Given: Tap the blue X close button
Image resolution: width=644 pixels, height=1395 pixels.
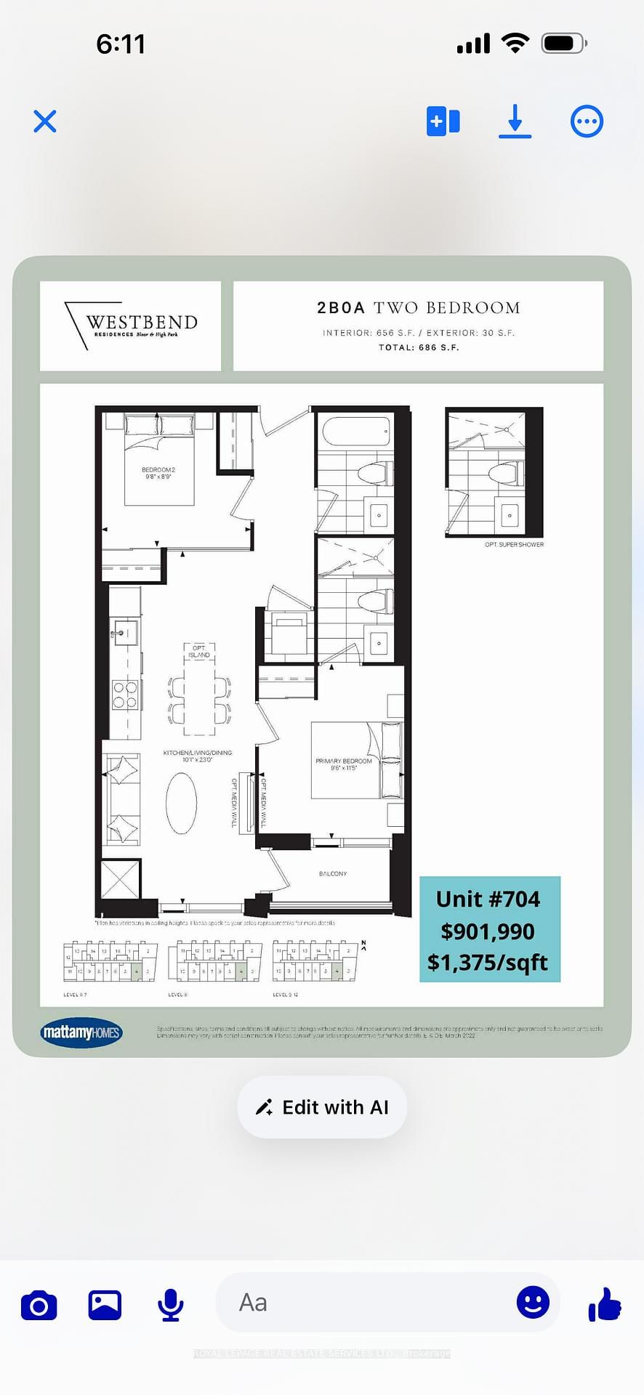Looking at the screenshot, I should point(45,121).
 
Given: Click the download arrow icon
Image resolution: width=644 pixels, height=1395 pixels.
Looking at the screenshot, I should point(515,121).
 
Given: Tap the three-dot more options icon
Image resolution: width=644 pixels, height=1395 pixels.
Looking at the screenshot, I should point(587,121).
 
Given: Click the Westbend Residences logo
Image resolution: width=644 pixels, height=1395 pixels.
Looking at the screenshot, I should point(132,325).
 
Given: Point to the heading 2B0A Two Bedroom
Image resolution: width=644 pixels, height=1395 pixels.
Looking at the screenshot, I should point(418,308).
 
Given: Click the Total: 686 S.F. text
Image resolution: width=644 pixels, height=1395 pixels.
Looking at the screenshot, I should point(418,347).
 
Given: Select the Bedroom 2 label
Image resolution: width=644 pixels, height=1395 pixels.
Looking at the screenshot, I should point(158,473).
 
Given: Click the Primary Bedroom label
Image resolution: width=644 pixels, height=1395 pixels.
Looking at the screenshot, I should point(343,764).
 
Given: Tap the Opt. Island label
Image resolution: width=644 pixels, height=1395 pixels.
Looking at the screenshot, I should point(199,651).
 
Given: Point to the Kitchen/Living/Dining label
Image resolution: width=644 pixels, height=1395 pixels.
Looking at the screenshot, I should point(198,756).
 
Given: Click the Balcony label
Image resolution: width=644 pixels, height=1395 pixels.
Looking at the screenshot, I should point(333,873).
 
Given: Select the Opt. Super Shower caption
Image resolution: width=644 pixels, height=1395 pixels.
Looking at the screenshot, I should point(514,544).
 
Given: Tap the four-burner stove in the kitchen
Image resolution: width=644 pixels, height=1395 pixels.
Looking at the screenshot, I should point(125,694).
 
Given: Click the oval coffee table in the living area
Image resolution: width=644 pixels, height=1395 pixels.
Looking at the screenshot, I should point(181,802).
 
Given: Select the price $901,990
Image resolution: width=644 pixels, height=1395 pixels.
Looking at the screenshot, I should point(488,931).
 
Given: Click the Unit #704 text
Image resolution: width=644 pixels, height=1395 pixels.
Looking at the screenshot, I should point(488,899).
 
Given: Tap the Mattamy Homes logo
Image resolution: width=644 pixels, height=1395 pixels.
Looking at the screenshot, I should point(81,1032).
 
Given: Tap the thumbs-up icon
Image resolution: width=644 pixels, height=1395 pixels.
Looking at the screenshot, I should point(605,1303).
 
